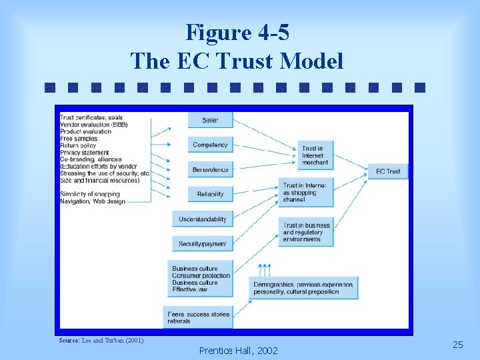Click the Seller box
210,120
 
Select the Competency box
210,145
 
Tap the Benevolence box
210,169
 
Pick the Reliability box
210,194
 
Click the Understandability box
203,219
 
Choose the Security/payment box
203,243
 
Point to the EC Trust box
387,171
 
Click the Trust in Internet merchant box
315,155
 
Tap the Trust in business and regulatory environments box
306,233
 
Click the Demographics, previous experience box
304,288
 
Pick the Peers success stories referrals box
198,317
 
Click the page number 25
457,345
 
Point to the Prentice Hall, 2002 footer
239,350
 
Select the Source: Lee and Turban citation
101,341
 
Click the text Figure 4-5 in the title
237,31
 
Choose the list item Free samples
79,139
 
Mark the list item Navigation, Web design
92,201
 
